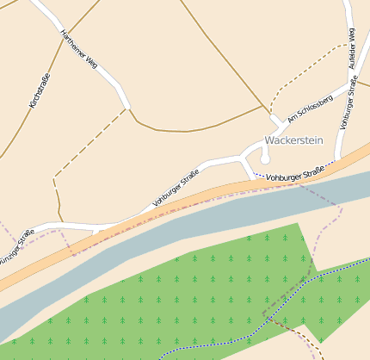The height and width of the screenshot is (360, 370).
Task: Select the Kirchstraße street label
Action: [40, 90]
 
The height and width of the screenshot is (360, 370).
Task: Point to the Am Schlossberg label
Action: [310, 107]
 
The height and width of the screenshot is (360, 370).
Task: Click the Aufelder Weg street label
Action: [351, 48]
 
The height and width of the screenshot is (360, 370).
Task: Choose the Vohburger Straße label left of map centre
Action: [176, 189]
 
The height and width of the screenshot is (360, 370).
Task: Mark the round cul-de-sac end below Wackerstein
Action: [265, 159]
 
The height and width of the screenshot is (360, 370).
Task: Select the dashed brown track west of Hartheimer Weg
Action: [86, 146]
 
